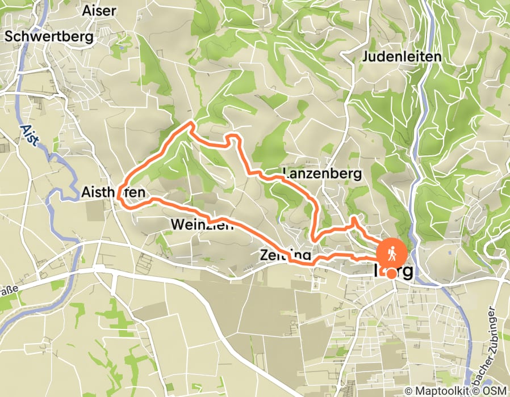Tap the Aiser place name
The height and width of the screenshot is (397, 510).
click(x=99, y=11)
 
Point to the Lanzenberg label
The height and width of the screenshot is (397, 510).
click(x=321, y=174)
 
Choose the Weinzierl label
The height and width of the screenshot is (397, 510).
click(x=202, y=225)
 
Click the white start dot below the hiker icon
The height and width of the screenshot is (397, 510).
click(x=391, y=273)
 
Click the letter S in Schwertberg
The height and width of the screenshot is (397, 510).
click(x=9, y=36)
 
